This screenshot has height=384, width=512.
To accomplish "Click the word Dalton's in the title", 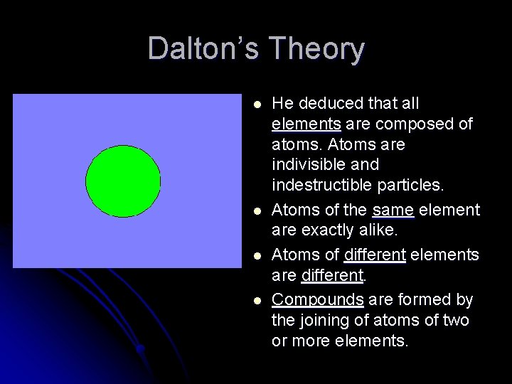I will coord(203,49).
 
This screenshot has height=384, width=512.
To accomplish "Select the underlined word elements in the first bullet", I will coord(306,124).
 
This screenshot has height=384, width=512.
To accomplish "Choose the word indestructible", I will coord(321,186).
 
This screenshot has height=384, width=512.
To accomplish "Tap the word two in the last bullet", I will coord(455,320).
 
